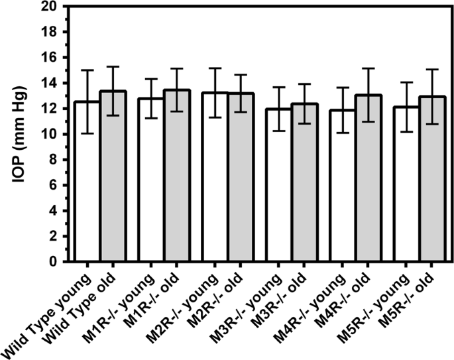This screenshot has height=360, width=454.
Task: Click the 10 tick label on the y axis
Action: tap(56, 134)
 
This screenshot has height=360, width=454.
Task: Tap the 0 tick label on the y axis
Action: tap(60, 262)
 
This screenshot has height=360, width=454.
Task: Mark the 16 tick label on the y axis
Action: tap(56, 57)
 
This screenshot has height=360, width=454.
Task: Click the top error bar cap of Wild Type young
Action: tap(87, 70)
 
